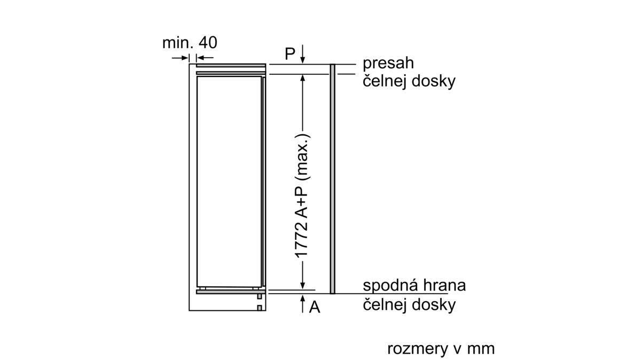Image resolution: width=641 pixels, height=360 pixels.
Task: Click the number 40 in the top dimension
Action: point(208,43)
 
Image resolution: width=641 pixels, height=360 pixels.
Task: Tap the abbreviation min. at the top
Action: point(178,43)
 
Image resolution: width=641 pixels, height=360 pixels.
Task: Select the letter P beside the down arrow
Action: point(290,53)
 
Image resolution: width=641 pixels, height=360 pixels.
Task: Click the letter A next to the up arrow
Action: point(315,307)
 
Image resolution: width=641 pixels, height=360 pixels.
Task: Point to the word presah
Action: point(388,64)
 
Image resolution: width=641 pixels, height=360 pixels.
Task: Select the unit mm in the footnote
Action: point(481,349)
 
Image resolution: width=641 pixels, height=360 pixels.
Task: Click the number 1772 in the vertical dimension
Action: point(302,240)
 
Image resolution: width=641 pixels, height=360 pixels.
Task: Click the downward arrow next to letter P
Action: point(303,54)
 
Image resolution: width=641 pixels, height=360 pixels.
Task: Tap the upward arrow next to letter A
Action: point(303,303)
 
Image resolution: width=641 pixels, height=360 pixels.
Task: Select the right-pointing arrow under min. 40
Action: point(181,58)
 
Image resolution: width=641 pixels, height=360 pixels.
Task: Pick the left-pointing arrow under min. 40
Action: point(205,58)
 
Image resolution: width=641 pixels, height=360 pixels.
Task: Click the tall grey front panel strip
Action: point(332,179)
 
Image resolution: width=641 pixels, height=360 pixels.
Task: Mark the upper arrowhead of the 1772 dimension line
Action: point(303,79)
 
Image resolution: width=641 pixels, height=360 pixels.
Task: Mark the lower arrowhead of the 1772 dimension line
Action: point(303,285)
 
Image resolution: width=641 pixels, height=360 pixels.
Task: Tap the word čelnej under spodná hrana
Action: point(385,304)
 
